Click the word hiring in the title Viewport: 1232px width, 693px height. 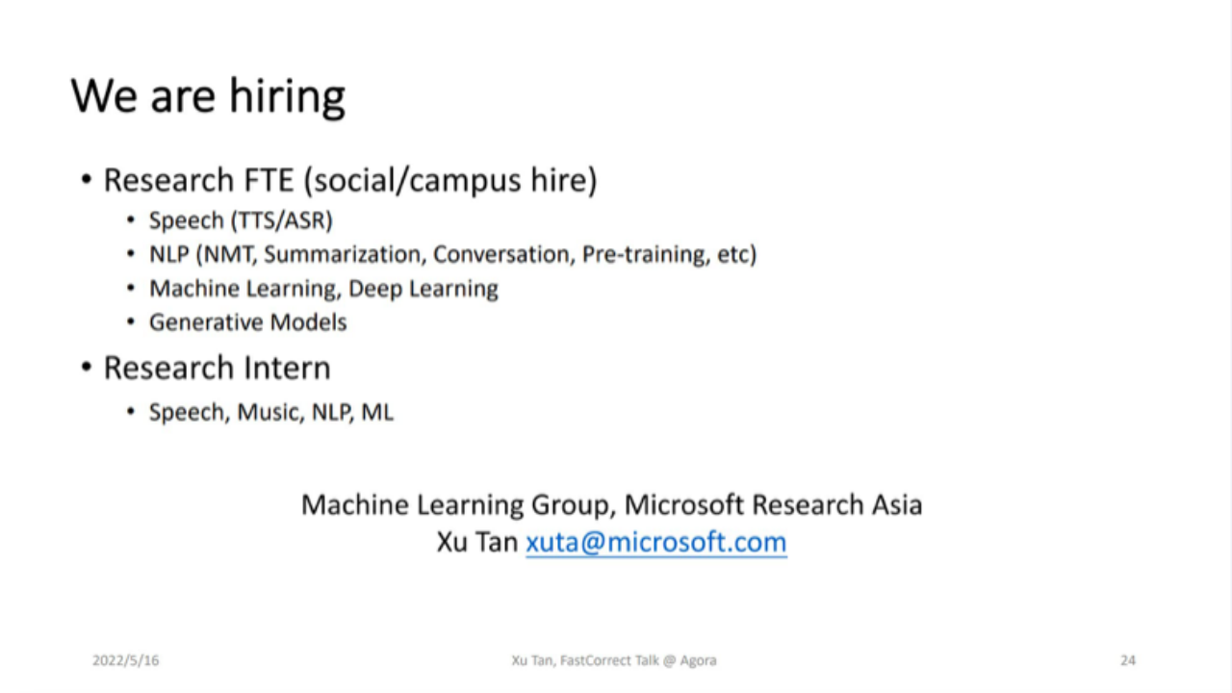[287, 97]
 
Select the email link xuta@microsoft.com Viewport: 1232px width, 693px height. [656, 542]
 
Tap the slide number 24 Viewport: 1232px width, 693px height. [1128, 660]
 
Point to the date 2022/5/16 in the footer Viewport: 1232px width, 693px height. [125, 660]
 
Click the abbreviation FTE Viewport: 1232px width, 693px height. [269, 180]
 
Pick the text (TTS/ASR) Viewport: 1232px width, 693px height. [282, 220]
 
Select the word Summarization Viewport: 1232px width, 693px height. [346, 255]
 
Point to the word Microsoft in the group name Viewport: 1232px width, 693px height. [683, 505]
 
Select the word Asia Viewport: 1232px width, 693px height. [897, 505]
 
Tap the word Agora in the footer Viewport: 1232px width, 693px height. [698, 660]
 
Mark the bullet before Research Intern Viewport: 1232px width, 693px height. [87, 367]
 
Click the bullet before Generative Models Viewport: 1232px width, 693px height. [130, 321]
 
